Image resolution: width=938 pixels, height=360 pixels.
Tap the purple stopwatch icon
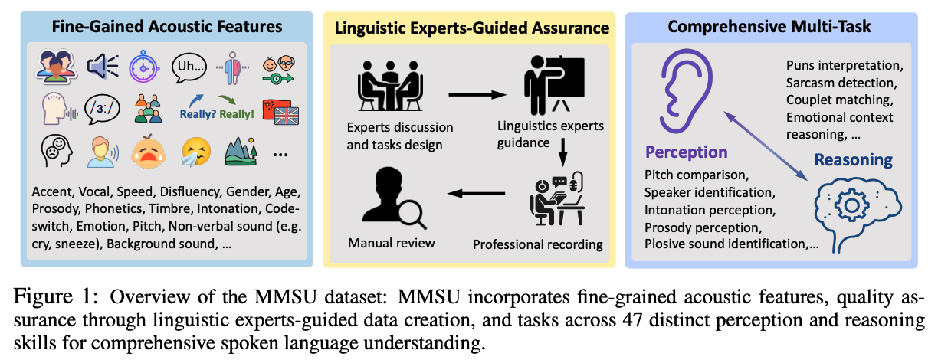coord(143,67)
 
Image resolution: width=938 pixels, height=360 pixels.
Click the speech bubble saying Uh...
coord(189,67)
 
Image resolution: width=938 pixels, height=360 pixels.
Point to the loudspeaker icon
coord(102,67)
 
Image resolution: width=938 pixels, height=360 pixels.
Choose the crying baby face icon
coord(148,152)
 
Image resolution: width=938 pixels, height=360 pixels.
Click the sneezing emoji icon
coord(196,152)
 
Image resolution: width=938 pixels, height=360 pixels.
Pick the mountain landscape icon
coord(241,152)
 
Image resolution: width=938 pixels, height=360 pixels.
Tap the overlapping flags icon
coord(280,112)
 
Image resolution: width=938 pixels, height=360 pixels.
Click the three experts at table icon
coord(390,86)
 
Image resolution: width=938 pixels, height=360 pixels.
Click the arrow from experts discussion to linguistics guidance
coord(477,95)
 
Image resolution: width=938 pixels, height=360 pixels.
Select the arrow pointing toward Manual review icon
coord(476,193)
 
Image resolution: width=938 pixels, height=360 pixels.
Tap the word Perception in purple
coord(687,152)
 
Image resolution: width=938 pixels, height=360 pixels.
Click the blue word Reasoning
coord(854,160)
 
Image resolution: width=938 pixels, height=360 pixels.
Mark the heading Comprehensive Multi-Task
coord(769,26)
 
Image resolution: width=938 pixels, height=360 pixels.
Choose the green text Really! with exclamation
coord(237,114)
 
